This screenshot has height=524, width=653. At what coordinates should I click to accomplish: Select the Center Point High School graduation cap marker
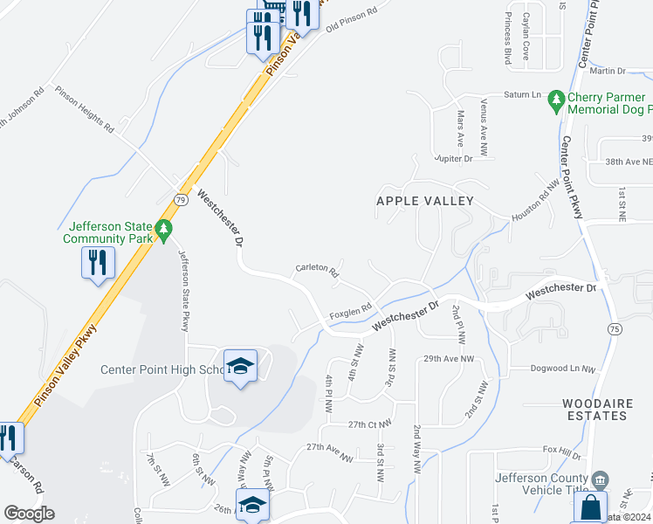coord(240,366)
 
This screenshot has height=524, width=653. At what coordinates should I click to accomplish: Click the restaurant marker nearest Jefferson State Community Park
coord(96,261)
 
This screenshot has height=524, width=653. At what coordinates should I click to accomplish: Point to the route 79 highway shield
coord(181,199)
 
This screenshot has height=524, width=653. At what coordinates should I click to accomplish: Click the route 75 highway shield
coord(615,328)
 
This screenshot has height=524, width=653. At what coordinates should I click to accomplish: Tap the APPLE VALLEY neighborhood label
coord(424,201)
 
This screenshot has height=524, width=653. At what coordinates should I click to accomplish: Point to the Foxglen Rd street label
coord(351,313)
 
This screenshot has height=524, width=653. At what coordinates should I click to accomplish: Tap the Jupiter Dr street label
coord(455,158)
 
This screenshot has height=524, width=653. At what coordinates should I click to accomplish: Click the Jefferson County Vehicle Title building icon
coord(599,479)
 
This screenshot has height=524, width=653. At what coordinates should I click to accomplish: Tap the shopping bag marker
coord(592,506)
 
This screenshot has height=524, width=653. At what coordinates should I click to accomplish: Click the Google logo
coord(29,513)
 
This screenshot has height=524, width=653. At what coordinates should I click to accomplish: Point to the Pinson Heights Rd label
coord(85,109)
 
